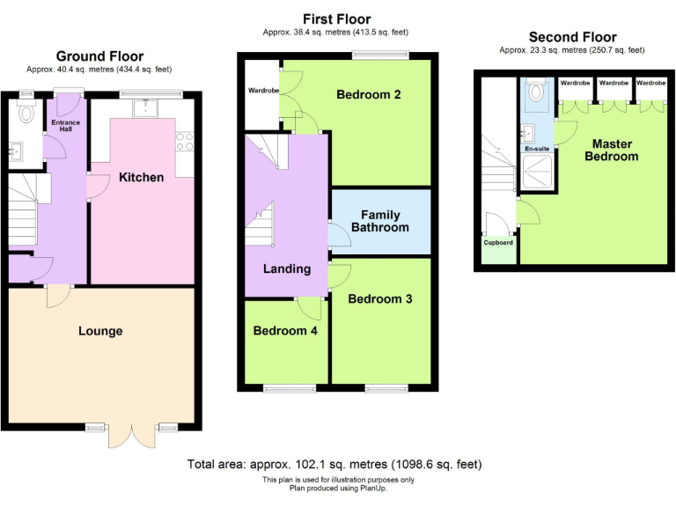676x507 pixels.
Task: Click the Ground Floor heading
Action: (99, 56)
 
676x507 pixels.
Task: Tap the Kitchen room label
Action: (142, 177)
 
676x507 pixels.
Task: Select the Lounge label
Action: (100, 331)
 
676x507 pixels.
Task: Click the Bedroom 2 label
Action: (369, 94)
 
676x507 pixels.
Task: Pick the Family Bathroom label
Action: (380, 221)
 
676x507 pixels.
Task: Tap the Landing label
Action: (287, 268)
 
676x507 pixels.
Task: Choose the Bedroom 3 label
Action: (380, 298)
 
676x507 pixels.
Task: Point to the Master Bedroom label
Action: (613, 150)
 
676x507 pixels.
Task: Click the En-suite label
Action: (537, 150)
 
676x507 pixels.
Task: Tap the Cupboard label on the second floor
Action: (498, 242)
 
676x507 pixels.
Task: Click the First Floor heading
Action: (337, 19)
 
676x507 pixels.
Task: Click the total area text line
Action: (334, 464)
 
